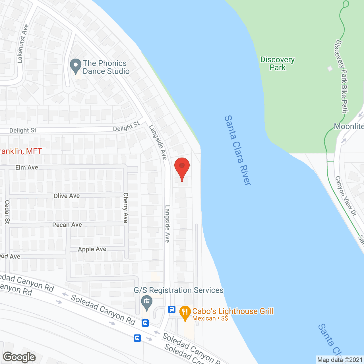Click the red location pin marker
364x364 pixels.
(x=182, y=168)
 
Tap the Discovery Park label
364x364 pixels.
(x=278, y=63)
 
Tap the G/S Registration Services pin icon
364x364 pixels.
(x=147, y=303)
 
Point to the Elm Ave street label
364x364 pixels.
(x=27, y=167)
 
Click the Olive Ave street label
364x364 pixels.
(x=67, y=196)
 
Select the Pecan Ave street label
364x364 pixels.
(x=67, y=225)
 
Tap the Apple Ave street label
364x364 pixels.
(x=92, y=249)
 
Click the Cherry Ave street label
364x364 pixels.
(x=126, y=208)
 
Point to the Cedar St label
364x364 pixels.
(x=7, y=212)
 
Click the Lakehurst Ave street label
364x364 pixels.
(x=23, y=44)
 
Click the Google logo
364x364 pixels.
(x=19, y=357)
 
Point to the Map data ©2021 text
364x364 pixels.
(x=340, y=360)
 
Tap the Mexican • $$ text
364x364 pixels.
(x=210, y=318)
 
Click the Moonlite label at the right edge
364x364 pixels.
(x=349, y=127)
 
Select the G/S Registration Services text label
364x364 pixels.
(x=179, y=290)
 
